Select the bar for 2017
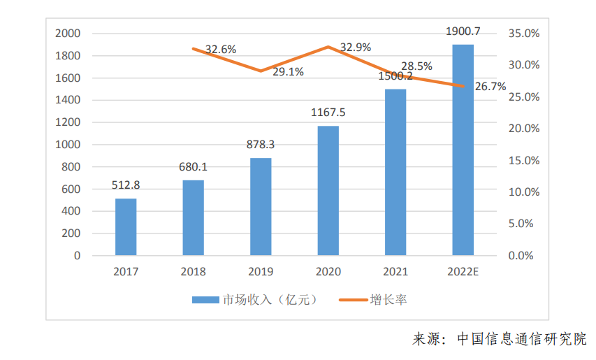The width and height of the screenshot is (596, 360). [126, 227]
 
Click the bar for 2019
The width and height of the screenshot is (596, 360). [261, 207]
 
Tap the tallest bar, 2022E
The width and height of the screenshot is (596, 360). [463, 150]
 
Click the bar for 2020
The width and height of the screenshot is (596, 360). [328, 191]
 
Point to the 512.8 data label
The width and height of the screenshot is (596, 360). [126, 185]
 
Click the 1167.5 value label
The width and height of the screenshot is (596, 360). [328, 113]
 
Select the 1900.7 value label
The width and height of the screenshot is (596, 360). [463, 31]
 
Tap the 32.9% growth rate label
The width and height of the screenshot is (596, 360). [356, 47]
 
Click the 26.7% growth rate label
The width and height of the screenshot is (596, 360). [490, 87]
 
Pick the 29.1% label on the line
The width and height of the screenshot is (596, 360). [288, 71]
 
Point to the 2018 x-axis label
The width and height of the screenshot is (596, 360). [193, 271]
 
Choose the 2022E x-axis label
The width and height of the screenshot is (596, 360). [463, 271]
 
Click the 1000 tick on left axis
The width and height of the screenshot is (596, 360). [68, 145]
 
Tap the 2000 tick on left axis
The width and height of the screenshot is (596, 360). [68, 34]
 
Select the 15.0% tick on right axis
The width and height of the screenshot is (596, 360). [524, 161]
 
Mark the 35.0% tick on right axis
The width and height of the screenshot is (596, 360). [524, 34]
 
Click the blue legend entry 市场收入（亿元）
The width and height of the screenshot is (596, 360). [255, 300]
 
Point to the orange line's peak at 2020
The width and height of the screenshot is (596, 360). [328, 47]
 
